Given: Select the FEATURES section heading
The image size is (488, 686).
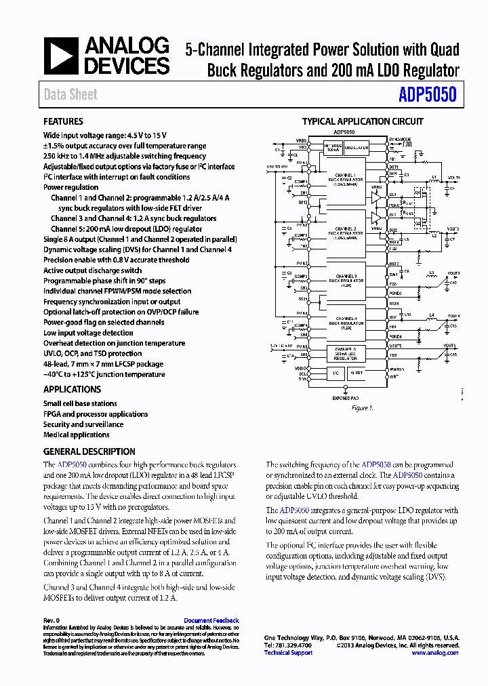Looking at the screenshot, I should coord(63,121).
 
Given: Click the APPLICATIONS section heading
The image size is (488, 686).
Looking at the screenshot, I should coord(72,389).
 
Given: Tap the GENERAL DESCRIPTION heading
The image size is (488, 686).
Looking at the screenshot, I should coord(89,451).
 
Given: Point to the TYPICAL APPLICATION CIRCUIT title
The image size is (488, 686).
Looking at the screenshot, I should coord(363,122).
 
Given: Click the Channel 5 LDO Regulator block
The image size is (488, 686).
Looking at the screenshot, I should coord(344,352).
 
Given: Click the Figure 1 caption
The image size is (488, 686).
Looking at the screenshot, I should coord(361,408).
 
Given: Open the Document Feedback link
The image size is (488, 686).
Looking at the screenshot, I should coord(211,620).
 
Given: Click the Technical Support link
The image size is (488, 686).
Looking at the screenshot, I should coord(288,653).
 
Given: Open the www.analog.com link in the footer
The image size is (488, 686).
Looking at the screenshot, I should coord(434,653).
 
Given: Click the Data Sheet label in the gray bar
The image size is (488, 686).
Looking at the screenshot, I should coord(70,95).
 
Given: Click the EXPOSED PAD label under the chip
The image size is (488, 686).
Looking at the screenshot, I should coord(345,398).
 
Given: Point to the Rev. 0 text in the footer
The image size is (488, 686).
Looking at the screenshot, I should coord(52,620).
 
